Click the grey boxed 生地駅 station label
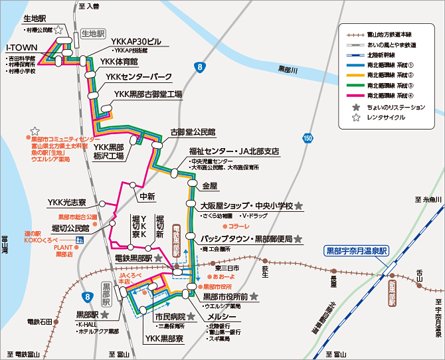[x=94, y=33]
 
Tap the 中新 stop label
[x=146, y=197]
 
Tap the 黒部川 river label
[x=290, y=68]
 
